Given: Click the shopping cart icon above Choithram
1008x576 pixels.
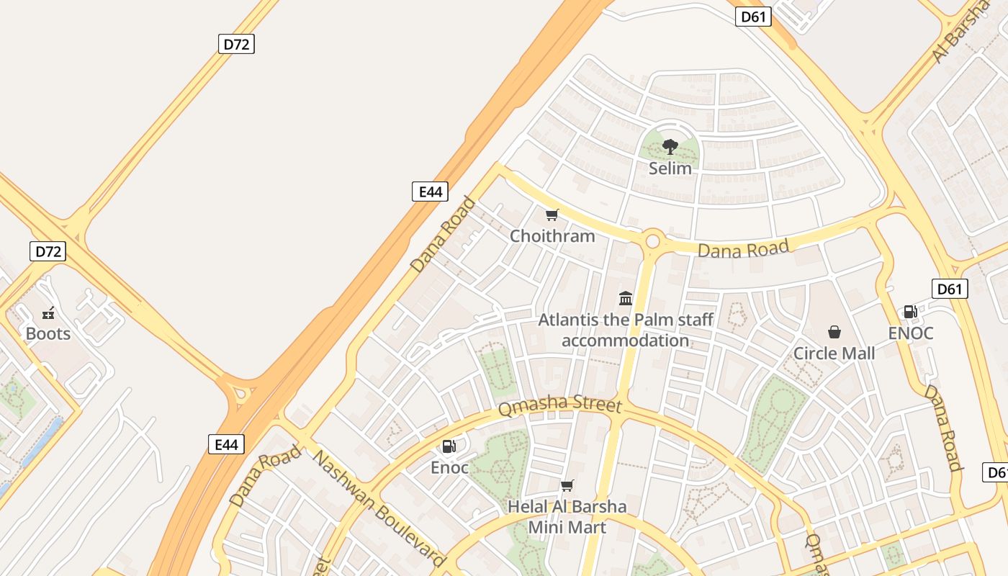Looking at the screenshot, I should [x=552, y=215].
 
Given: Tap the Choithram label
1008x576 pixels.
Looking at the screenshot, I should [x=552, y=235].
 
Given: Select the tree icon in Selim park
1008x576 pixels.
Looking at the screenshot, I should [x=670, y=147].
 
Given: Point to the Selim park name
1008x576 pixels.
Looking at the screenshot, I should [x=670, y=168].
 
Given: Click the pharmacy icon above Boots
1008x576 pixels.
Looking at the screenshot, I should [x=48, y=312].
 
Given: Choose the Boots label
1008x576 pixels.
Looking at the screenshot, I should [x=48, y=333].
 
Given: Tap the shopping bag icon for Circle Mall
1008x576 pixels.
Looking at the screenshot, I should [x=834, y=332].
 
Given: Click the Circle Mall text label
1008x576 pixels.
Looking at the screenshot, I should [x=834, y=353].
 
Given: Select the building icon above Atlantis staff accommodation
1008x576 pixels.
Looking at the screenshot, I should [x=626, y=298].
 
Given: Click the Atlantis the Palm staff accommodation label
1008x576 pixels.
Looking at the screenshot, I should [x=626, y=330].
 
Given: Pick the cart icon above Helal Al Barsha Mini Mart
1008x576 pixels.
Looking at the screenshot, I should [x=567, y=485].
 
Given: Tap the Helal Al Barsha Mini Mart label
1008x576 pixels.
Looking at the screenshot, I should [x=567, y=517].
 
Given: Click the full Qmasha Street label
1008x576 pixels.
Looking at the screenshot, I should [x=559, y=405].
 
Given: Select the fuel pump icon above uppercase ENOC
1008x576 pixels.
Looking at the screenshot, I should [x=910, y=312].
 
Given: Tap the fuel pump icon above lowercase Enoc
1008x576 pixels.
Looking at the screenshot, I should [x=449, y=446].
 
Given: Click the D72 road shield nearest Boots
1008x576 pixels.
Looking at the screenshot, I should [x=48, y=251].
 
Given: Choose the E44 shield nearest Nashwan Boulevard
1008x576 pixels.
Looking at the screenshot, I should [x=226, y=444].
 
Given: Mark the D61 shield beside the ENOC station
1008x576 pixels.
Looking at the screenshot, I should [x=950, y=289].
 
